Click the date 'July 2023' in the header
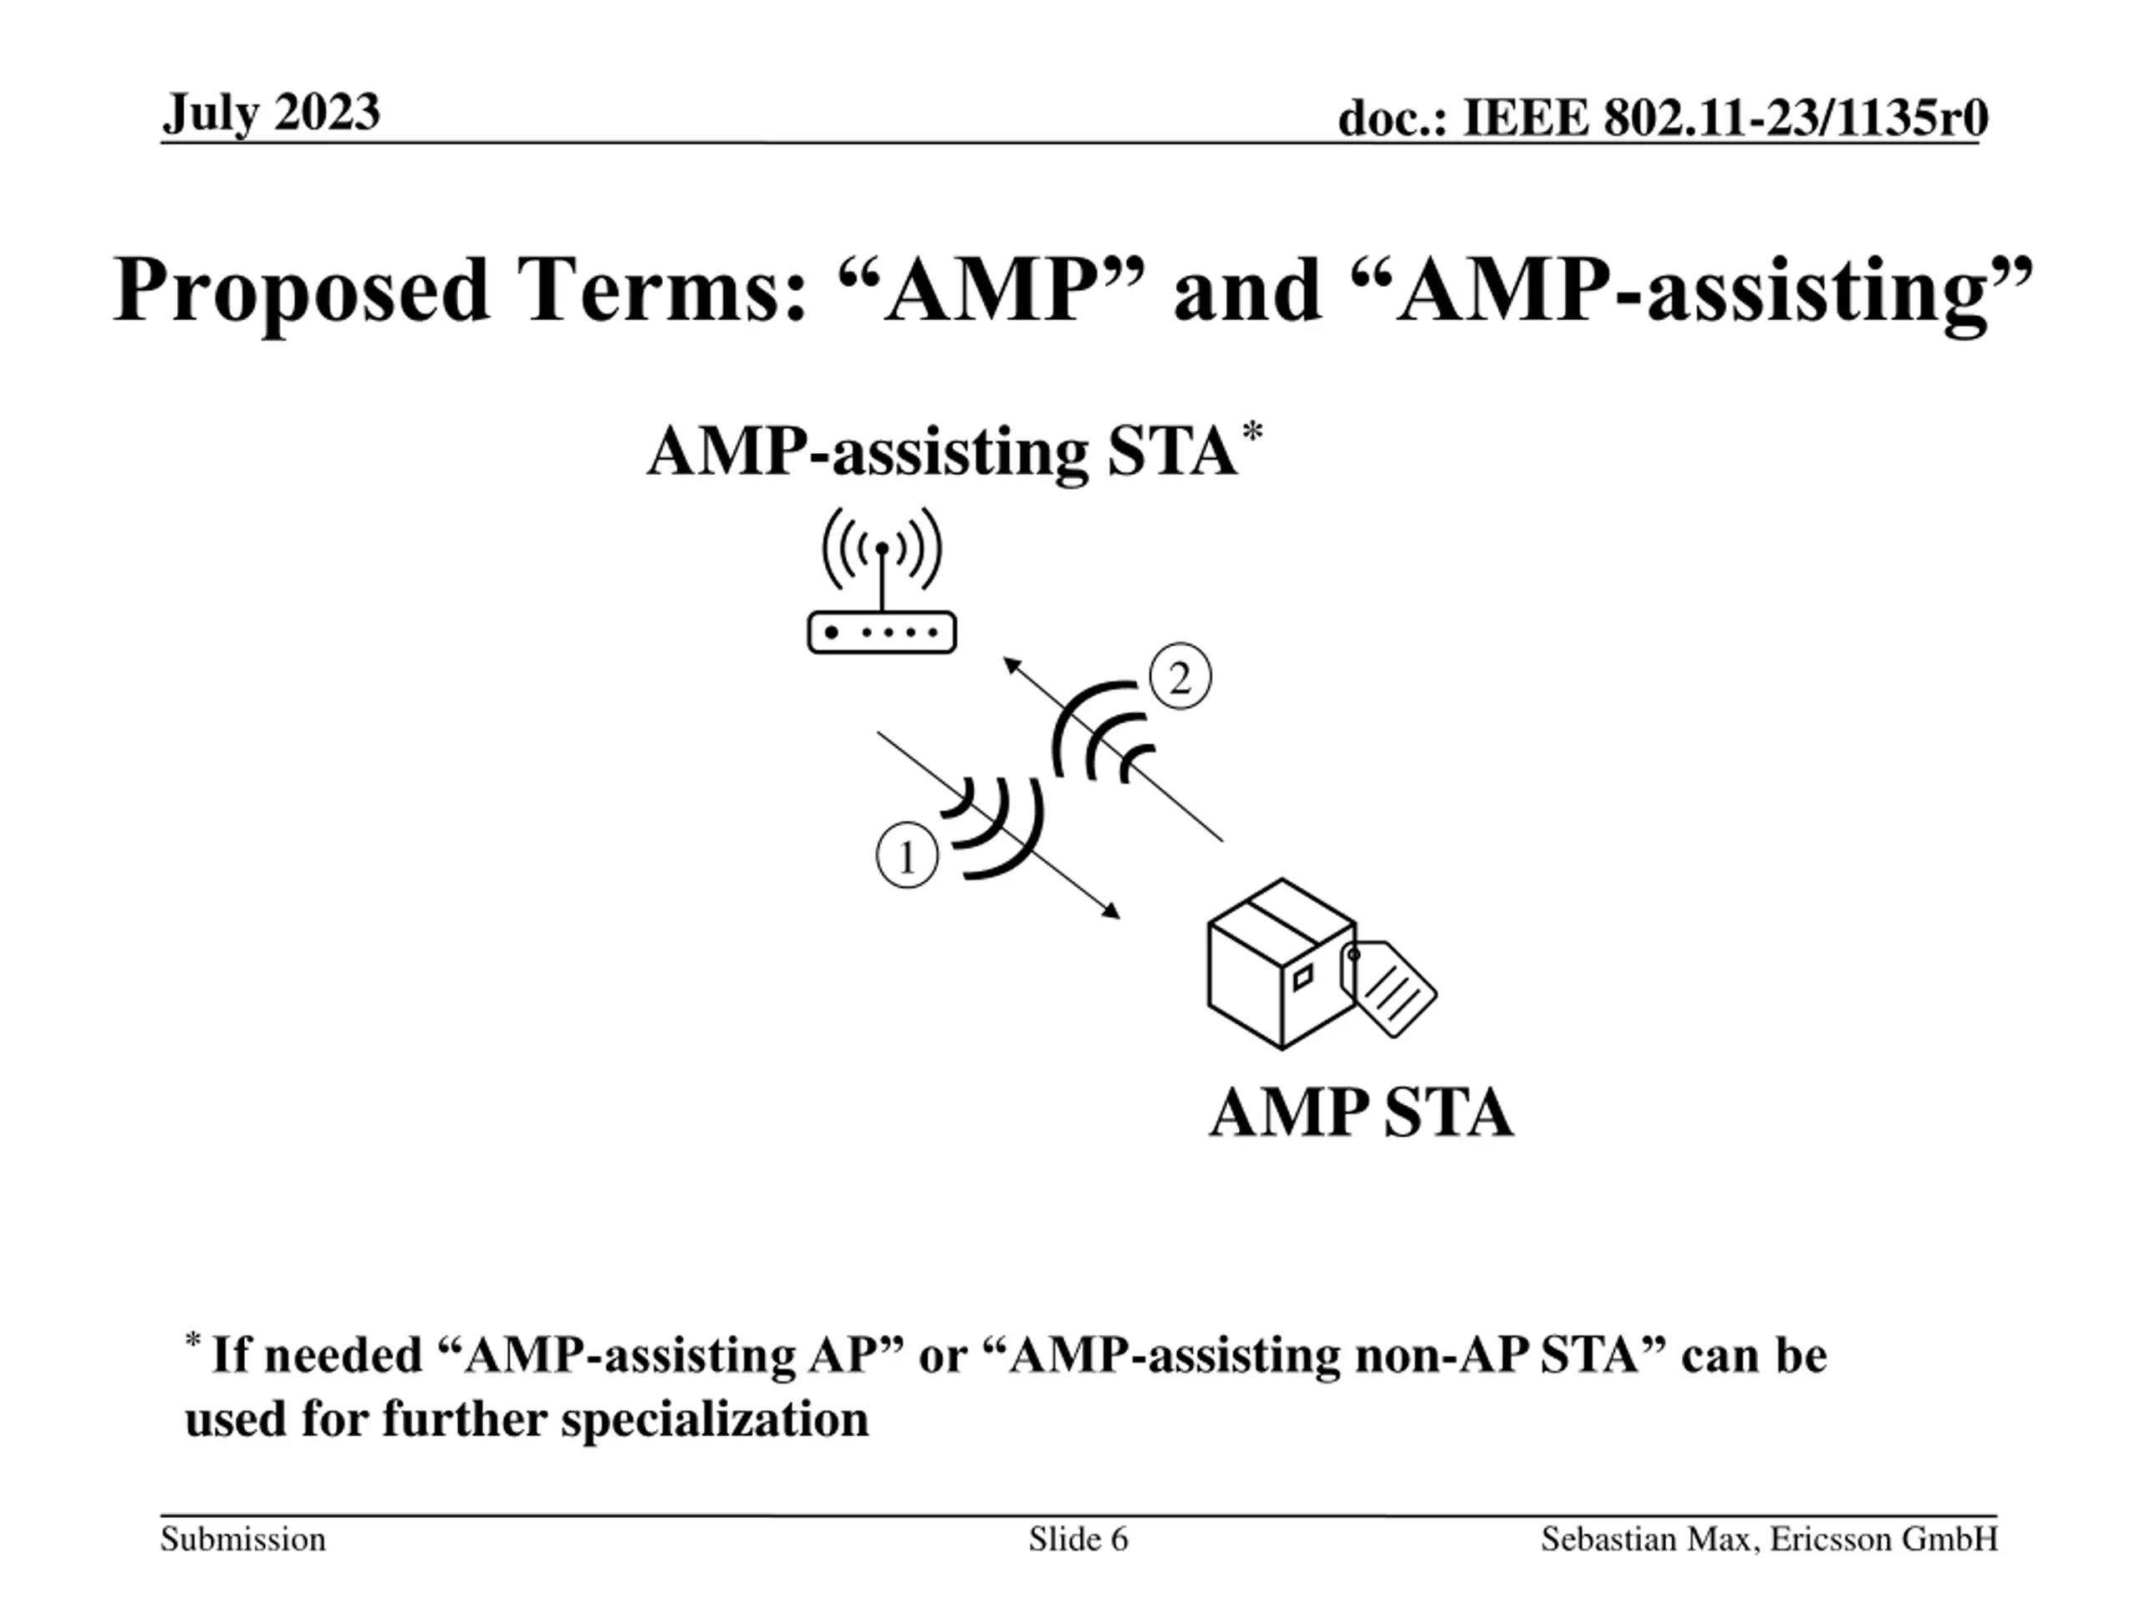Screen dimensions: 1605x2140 point(271,113)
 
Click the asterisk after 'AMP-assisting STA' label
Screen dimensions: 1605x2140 point(1252,432)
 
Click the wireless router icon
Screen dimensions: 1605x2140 point(881,631)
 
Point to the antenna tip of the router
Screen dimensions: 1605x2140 point(881,548)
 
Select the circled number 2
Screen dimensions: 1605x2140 point(1180,679)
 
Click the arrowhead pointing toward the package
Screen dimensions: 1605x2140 point(1113,911)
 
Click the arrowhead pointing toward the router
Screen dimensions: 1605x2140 point(1011,665)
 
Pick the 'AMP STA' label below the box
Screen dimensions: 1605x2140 point(1360,1113)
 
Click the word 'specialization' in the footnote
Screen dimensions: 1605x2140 point(715,1419)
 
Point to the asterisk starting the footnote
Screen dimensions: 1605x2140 point(192,1341)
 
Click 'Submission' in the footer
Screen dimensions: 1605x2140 point(242,1539)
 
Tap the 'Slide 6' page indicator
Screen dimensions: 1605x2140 point(1078,1539)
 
